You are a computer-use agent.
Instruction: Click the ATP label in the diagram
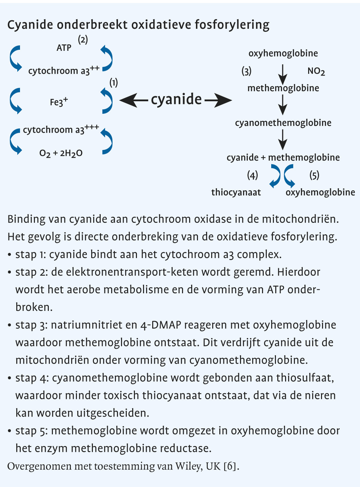(64, 48)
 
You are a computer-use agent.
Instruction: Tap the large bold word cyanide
(176, 99)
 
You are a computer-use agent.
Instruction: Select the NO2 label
(316, 71)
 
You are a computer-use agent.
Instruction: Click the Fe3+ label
(59, 102)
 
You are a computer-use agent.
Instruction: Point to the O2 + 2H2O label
(61, 153)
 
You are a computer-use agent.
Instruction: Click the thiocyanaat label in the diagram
(236, 192)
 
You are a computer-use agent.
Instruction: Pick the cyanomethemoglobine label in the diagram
(283, 123)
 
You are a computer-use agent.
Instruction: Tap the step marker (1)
(114, 82)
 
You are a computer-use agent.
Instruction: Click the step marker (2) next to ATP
(83, 40)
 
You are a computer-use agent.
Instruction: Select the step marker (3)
(246, 71)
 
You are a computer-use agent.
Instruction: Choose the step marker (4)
(252, 175)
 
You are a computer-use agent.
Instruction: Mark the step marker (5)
(314, 175)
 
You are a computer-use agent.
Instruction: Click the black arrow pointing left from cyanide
(134, 100)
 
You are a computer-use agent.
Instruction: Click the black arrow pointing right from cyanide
(218, 100)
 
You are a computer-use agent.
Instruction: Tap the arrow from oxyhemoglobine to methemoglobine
(283, 71)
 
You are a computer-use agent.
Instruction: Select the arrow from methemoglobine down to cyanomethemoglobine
(283, 105)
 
